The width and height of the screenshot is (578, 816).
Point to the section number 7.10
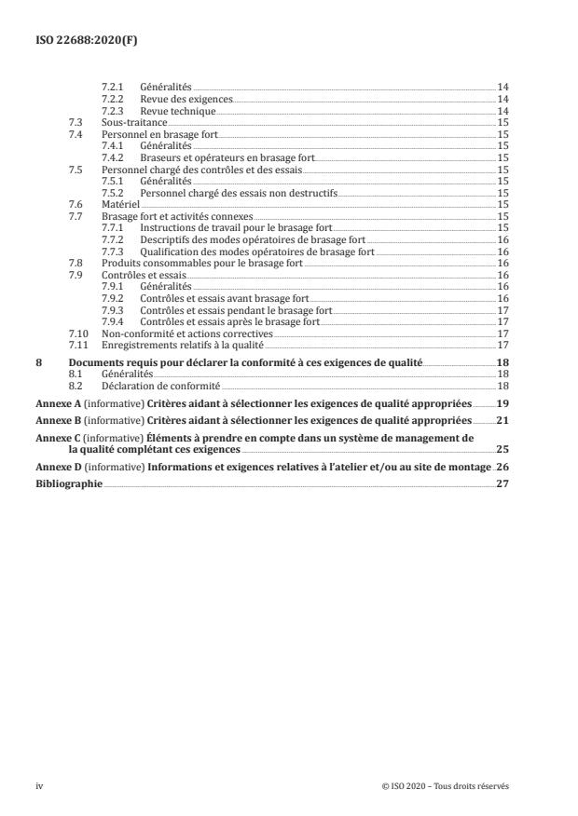coord(78,333)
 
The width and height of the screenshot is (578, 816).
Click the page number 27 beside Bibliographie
coord(502,484)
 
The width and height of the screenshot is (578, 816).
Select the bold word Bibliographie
coord(68,484)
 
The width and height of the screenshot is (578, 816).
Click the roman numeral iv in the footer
coord(39,786)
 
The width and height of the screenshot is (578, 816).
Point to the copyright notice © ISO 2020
coord(446,786)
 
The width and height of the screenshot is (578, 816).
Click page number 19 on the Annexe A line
coord(502,404)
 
